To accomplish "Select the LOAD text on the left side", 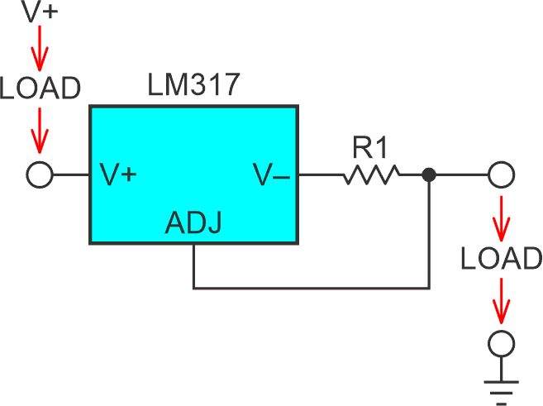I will (x=40, y=88).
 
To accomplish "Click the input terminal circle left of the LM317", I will (x=40, y=175).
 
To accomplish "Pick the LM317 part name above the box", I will (x=192, y=85).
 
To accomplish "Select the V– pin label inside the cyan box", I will (x=271, y=175).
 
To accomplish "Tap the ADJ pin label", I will (x=193, y=223).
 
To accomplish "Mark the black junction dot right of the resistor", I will (x=428, y=175).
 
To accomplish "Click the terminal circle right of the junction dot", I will (x=501, y=175).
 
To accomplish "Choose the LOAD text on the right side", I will (x=501, y=259).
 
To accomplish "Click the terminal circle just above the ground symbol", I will (x=501, y=342).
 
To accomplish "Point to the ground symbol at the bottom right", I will (x=501, y=385).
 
